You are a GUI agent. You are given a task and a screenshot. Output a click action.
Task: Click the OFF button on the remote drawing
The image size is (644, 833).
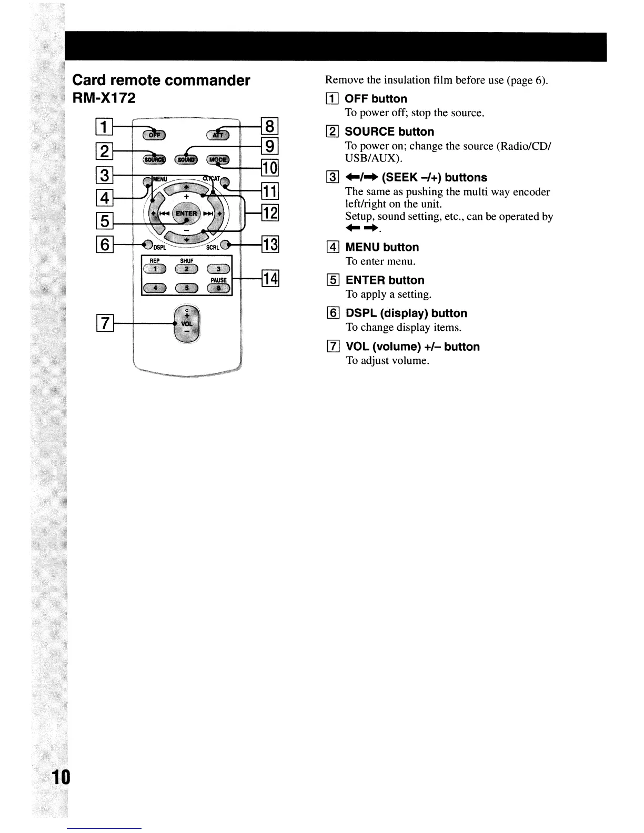coord(154,135)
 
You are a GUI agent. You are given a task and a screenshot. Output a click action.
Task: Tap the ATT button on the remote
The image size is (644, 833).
coord(217,135)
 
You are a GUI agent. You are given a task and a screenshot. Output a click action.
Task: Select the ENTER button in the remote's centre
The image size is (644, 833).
coord(186,213)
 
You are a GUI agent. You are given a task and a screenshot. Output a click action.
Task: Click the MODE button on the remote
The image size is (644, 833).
coord(218,159)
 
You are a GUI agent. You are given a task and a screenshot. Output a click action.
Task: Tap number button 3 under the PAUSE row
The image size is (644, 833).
coord(218,269)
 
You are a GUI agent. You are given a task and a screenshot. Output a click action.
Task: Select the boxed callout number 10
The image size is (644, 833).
coord(270,168)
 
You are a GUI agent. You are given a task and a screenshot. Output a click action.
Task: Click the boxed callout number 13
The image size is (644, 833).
coord(270,245)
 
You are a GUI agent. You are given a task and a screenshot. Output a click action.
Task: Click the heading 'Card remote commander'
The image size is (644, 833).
coord(161,80)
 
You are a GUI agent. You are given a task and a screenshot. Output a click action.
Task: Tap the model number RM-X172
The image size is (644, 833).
coord(104,98)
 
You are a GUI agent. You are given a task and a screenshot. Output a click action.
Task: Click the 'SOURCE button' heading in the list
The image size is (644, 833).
coord(389,131)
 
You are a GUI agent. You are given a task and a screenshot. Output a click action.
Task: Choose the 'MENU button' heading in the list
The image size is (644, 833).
coord(382,247)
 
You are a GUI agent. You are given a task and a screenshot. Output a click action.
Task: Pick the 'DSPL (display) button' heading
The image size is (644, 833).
coord(406,313)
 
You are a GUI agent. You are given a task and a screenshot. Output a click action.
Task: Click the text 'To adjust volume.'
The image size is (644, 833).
coord(387,361)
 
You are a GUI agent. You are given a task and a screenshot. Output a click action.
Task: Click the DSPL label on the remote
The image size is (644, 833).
coord(160,247)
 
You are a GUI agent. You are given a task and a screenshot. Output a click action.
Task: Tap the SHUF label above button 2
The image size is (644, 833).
coord(187,260)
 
